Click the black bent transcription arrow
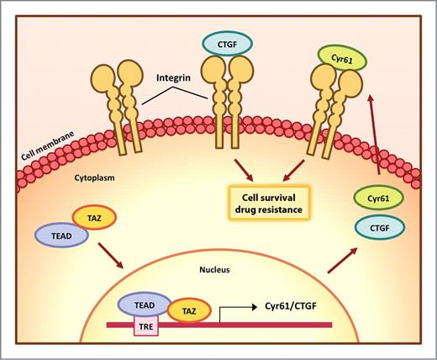coord(231,313)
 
